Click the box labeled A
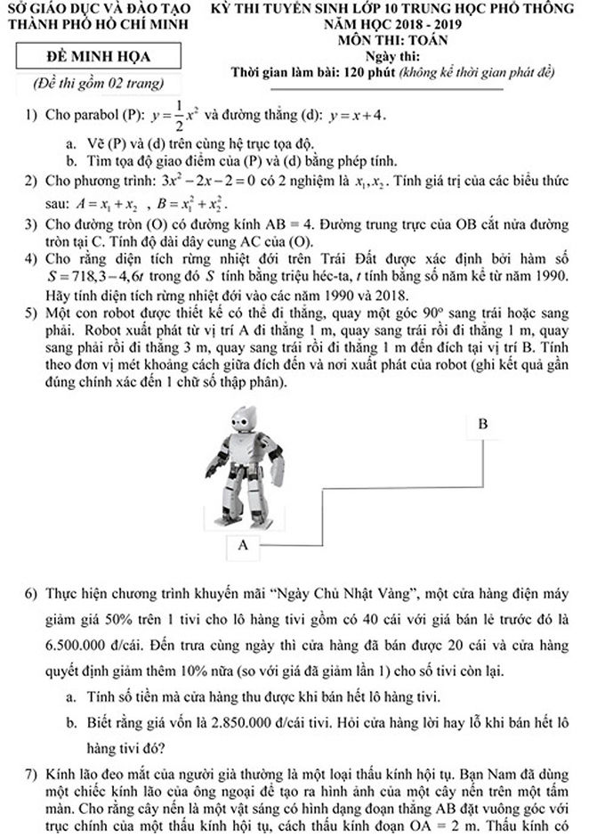click(x=241, y=544)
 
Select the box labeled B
click(x=482, y=424)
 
